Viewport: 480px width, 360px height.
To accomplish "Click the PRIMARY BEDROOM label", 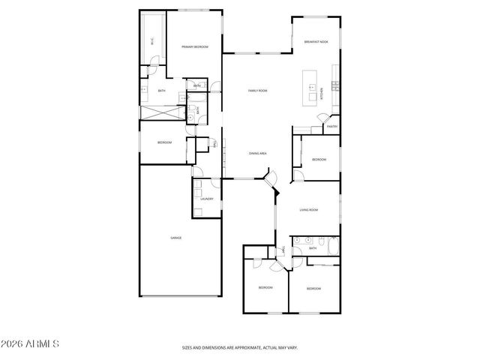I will pos(195,47).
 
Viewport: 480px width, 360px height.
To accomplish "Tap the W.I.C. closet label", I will pos(153,43).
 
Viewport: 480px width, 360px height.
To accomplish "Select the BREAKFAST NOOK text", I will pos(316,42).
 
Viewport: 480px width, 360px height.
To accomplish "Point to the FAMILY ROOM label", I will pos(258,91).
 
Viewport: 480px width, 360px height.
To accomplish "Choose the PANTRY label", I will pos(331,127).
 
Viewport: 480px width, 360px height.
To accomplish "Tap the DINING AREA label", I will pos(258,153).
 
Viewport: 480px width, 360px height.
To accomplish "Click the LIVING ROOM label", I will pos(309,210).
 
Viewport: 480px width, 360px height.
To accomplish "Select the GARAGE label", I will pos(175,238).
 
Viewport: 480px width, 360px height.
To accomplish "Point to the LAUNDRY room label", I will pos(207,199).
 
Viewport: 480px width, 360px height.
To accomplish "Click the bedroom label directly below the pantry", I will pos(319,159).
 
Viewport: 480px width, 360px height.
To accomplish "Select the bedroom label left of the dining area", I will pos(164,142).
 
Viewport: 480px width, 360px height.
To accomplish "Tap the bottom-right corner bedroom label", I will pos(313,289).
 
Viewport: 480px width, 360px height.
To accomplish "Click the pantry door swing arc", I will pos(323,118).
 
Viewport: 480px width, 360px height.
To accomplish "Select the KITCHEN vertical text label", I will pos(322,94).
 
